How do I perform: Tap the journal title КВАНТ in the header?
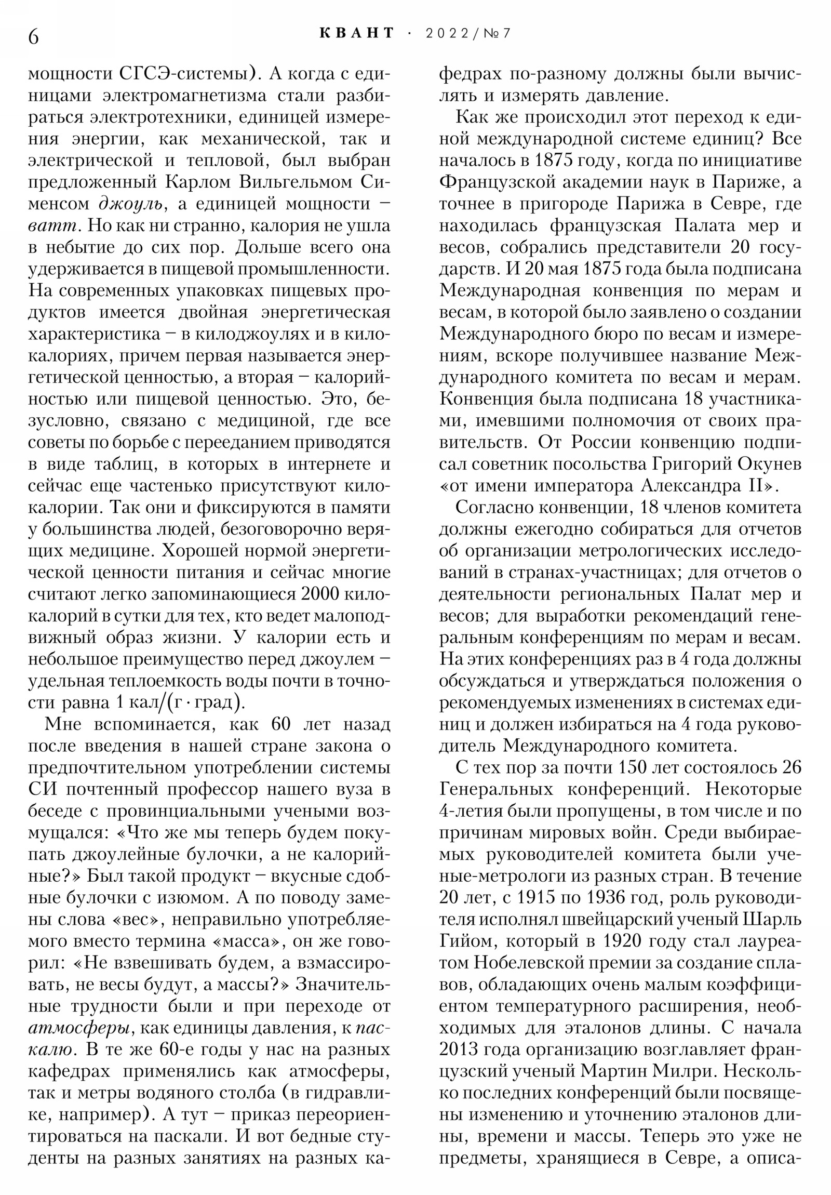[357, 33]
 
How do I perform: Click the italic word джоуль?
[131, 204]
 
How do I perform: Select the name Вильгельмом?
[296, 182]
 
